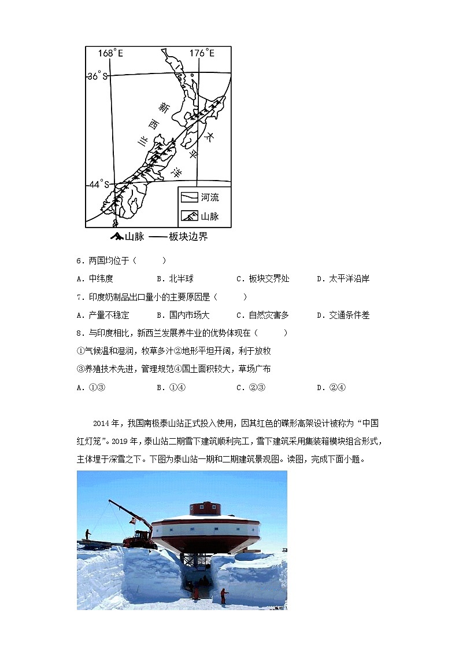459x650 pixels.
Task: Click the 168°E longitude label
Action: [x=110, y=53]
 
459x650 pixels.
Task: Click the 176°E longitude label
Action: [x=202, y=53]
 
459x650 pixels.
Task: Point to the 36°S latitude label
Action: [x=97, y=76]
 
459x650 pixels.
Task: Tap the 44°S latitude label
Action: [x=98, y=184]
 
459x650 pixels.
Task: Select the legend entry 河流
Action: [x=209, y=197]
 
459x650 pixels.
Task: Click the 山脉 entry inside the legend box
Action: [x=209, y=216]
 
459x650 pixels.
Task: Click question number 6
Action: [x=81, y=260]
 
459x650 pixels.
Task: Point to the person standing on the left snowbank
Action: [x=87, y=534]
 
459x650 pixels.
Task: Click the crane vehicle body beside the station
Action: [x=139, y=540]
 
